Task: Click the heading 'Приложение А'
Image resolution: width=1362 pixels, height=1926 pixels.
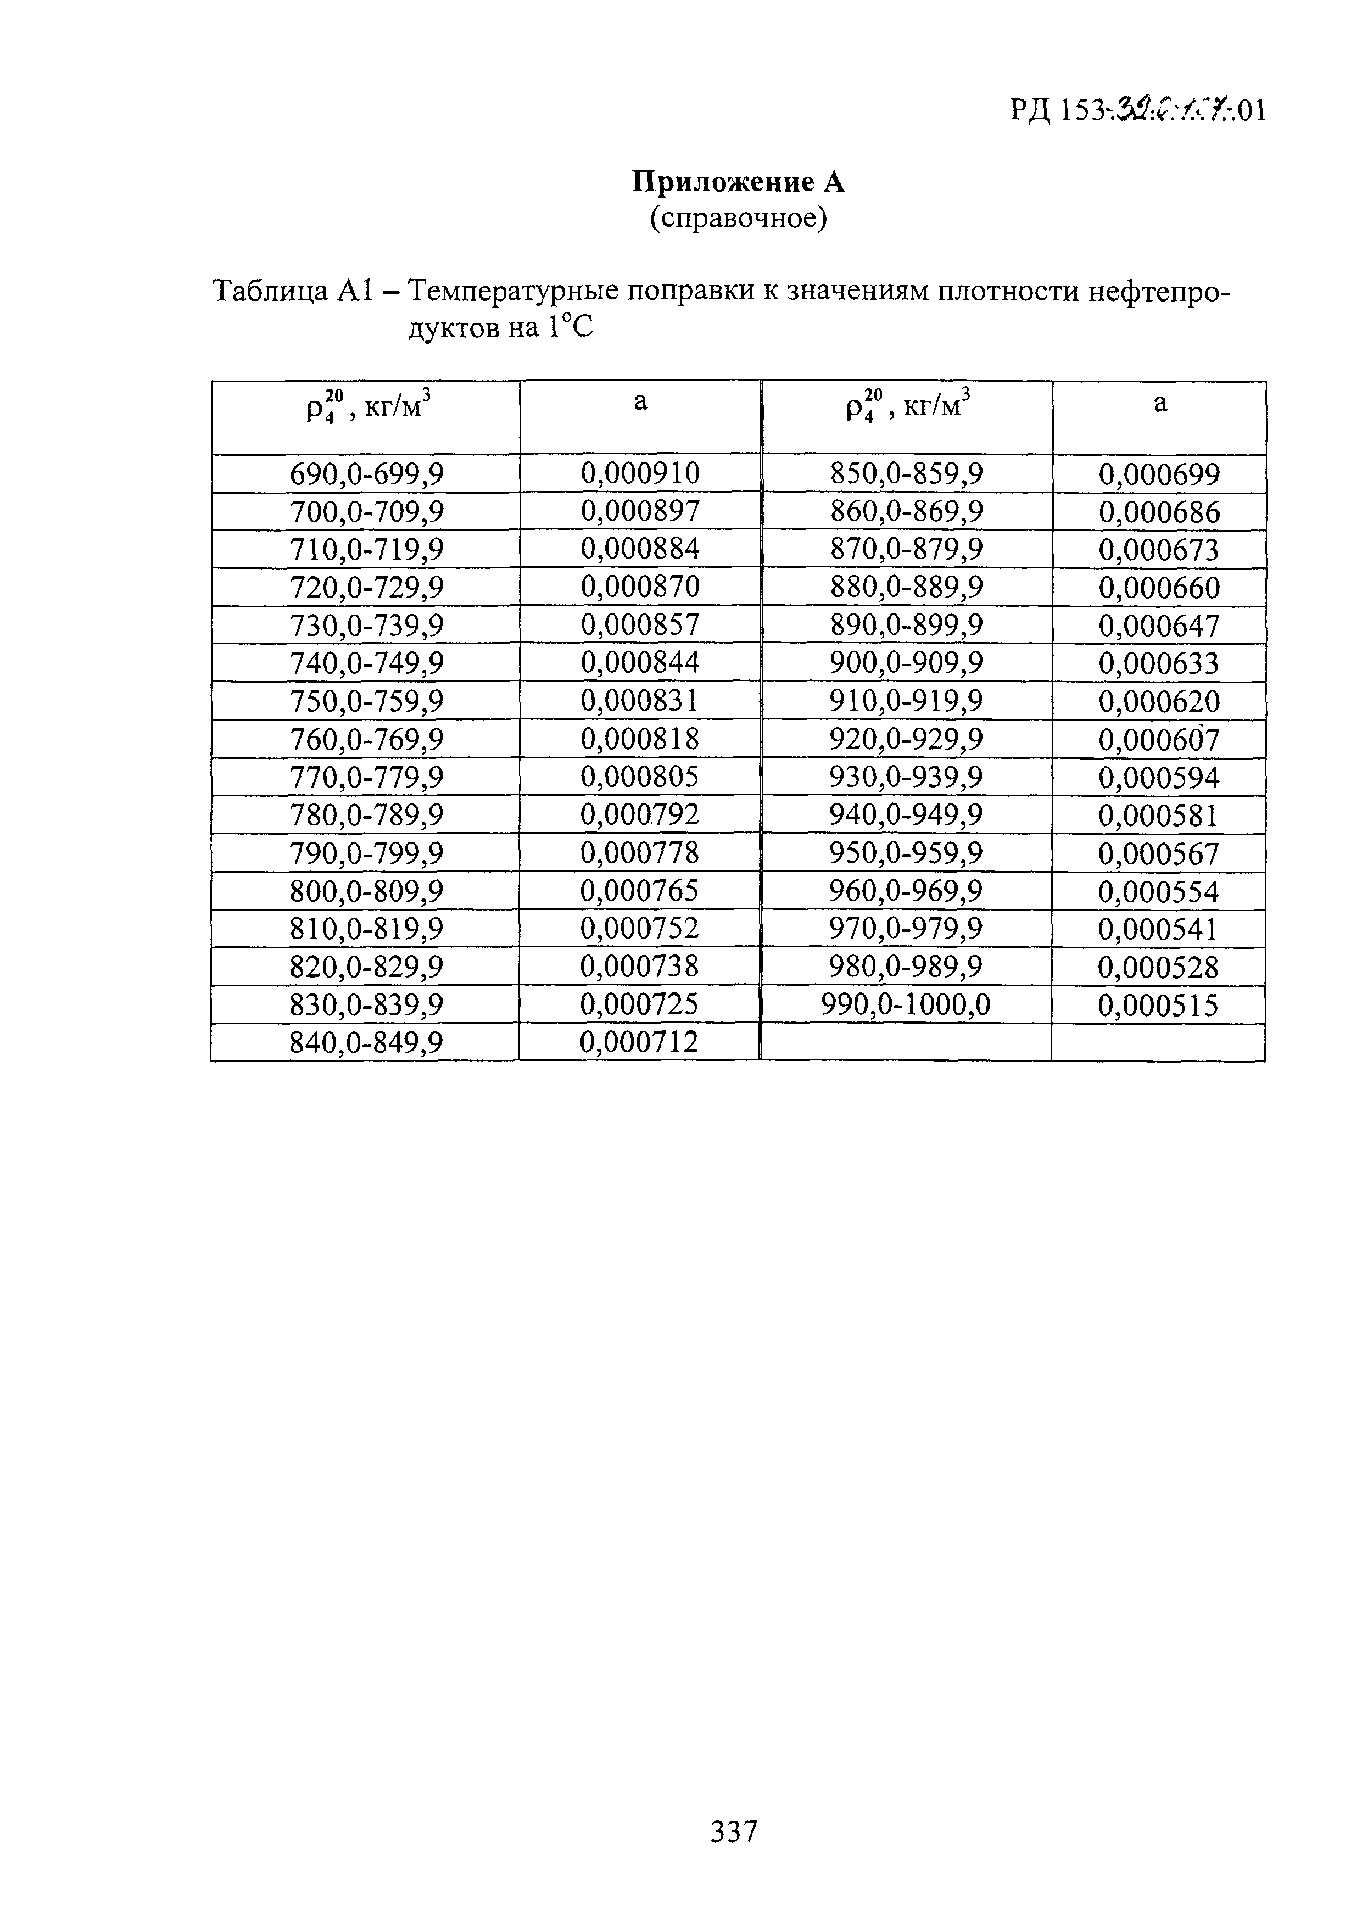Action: click(x=738, y=182)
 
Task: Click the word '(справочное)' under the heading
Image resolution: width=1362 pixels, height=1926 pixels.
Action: click(x=738, y=219)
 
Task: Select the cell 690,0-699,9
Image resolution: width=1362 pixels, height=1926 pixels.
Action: click(x=366, y=475)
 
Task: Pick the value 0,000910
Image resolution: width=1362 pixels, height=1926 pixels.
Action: click(x=640, y=474)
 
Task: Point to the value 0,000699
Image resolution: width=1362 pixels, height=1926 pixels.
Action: click(x=1159, y=475)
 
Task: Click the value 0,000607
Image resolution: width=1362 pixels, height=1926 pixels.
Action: click(x=1159, y=740)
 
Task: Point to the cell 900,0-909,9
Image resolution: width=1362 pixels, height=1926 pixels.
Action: click(x=907, y=663)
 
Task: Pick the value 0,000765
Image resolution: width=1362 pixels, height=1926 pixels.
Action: click(x=640, y=891)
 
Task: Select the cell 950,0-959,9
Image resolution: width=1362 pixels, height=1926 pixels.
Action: click(x=907, y=853)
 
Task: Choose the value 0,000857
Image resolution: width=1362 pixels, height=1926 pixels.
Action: click(x=640, y=626)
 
